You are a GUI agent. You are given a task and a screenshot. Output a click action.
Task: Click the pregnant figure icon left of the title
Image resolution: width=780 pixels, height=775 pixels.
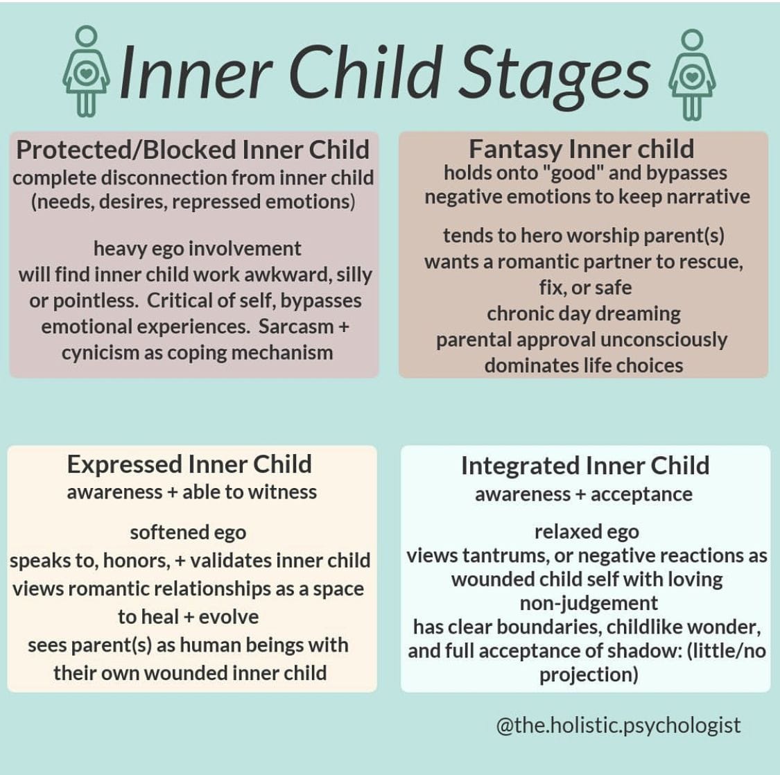pos(86,71)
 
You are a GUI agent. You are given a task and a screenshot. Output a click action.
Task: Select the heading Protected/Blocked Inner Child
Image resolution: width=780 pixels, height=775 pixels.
pos(193,150)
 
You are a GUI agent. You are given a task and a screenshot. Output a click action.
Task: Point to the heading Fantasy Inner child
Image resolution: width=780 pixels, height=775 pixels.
pos(582,149)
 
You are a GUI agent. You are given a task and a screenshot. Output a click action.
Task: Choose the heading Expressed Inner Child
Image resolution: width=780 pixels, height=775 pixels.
pos(189,464)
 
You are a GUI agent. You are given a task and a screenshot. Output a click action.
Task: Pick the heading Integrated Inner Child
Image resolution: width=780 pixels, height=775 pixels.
pos(585,466)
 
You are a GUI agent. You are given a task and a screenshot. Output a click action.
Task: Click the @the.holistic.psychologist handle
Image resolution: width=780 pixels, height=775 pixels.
pos(618,725)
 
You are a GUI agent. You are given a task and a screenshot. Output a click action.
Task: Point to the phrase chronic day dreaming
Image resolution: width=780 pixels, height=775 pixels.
pos(584,315)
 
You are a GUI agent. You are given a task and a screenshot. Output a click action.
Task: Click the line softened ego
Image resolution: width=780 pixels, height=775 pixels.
pos(188,533)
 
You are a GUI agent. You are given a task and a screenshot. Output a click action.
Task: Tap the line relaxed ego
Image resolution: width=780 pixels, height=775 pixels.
pos(587,532)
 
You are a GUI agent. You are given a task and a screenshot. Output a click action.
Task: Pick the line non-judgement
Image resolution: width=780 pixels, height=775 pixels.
pos(589,603)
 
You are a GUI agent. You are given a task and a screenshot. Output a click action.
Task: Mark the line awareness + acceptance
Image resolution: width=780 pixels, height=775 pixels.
pos(584,494)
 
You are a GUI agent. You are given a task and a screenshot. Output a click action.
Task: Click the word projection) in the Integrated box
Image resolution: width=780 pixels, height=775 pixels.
pos(589,675)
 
